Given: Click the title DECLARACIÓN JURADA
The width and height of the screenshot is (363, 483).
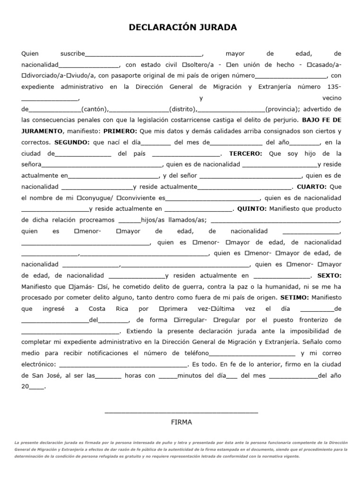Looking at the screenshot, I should pos(183,28).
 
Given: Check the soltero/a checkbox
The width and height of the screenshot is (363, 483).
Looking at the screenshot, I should pos(184,65).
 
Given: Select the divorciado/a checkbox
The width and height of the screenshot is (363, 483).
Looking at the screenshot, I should pos(24,75).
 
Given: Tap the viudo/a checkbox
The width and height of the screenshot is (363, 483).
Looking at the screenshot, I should pos(69,75).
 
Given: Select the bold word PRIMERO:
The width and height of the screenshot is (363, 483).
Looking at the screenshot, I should pos(120,131).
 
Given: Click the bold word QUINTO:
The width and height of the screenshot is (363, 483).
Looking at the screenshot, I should pos(252,208).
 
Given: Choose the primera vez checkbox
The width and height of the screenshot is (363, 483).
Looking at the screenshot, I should pos(162,308).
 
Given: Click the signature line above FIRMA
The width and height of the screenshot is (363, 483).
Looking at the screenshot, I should pos(181,413).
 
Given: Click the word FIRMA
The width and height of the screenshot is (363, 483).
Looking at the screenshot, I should pos(181,422).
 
